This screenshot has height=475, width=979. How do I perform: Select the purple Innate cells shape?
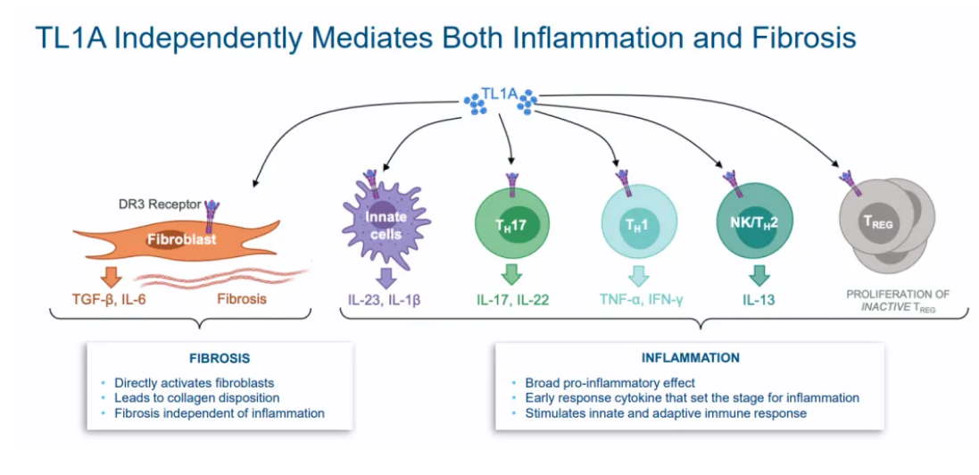coord(386,225)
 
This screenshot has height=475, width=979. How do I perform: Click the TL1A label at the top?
coord(500,95)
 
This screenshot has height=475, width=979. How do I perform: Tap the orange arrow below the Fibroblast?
coord(113,275)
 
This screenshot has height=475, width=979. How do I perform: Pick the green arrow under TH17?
coord(511,276)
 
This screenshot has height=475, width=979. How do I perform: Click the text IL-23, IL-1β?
coord(385,300)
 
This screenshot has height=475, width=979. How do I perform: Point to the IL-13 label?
coord(759,300)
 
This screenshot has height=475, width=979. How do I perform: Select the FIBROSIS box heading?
coord(220,359)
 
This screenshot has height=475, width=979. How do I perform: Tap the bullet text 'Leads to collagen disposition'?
coord(196,397)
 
